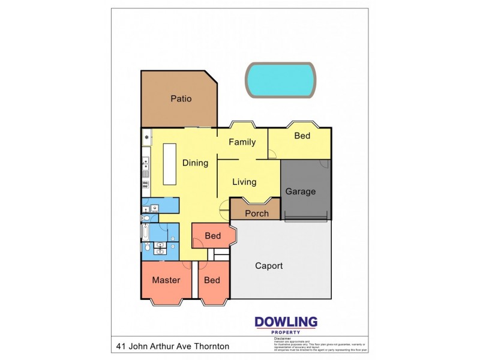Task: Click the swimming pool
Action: pos(280,79)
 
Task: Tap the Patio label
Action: pos(181,98)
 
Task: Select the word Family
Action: pos(242,142)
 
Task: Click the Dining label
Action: pos(195,163)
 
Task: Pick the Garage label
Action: pos(300,191)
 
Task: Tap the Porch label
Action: pos(256,214)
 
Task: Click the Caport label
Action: pos(269,265)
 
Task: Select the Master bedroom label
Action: pos(166,280)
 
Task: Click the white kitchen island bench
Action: pos(170,164)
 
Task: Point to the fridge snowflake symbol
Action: pos(146,137)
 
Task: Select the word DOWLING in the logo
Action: pos(286,322)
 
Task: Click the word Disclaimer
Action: pos(282,338)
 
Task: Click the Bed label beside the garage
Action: pos(302,136)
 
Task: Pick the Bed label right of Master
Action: pos(212,280)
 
